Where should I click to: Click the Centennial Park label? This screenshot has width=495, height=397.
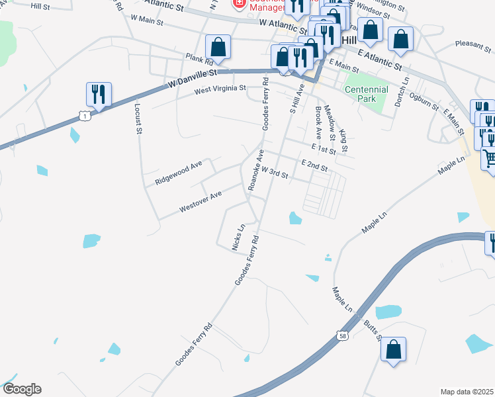tap(366, 94)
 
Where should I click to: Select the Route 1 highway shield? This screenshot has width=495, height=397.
tap(84, 116)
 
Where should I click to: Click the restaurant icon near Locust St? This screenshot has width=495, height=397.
tap(99, 94)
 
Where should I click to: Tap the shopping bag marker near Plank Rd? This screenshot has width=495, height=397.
tap(218, 46)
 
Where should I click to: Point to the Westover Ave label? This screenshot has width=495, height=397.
tap(200, 203)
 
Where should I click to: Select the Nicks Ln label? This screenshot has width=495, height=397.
tap(238, 237)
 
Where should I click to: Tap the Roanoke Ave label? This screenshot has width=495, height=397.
tap(255, 170)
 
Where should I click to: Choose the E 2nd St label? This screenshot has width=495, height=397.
tap(314, 165)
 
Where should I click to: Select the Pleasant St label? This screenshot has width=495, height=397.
tap(471, 44)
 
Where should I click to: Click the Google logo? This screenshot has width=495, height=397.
tap(22, 389)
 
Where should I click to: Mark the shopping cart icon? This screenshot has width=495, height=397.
tap(489, 159)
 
